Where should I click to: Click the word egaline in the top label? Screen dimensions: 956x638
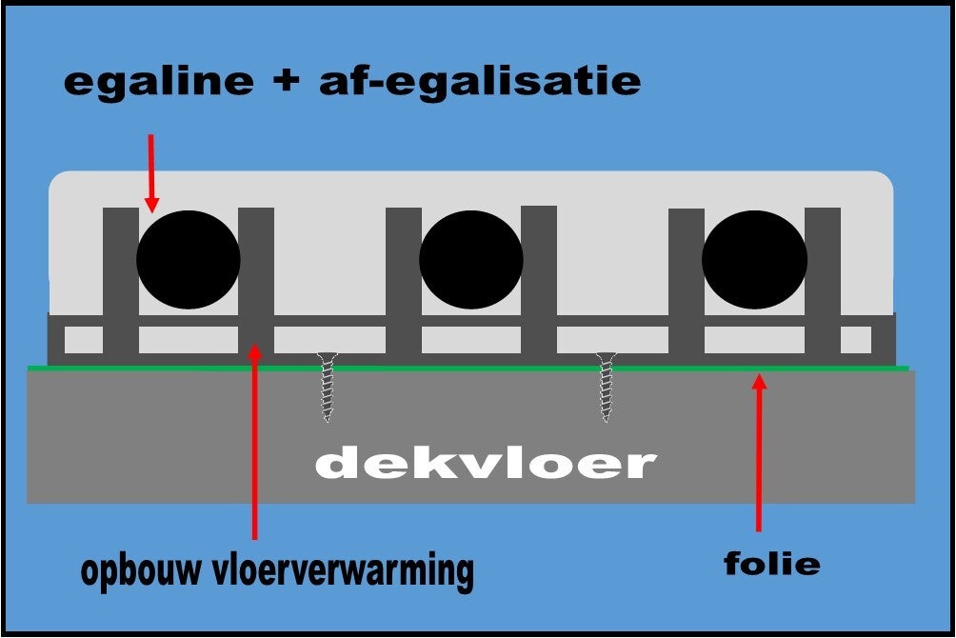158,83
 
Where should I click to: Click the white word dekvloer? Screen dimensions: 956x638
486,464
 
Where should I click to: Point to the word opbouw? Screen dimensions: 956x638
148,571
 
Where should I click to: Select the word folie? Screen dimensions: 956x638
771,564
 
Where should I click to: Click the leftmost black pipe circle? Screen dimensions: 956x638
189,259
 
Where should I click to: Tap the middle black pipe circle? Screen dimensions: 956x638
471,259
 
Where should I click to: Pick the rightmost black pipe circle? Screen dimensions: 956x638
754,259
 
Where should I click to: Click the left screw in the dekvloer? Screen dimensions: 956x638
328,387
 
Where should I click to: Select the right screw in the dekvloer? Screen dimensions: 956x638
607,387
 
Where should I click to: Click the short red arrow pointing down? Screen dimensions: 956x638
150,172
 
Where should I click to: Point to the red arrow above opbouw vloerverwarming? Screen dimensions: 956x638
254,438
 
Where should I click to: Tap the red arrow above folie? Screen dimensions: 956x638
759,452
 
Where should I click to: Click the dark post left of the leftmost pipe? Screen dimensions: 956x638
121,281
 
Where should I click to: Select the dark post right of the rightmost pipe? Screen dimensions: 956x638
823,281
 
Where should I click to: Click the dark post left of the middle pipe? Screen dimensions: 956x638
404,281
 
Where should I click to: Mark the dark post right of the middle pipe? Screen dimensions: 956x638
539,281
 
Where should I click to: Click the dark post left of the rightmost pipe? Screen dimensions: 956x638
687,281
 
